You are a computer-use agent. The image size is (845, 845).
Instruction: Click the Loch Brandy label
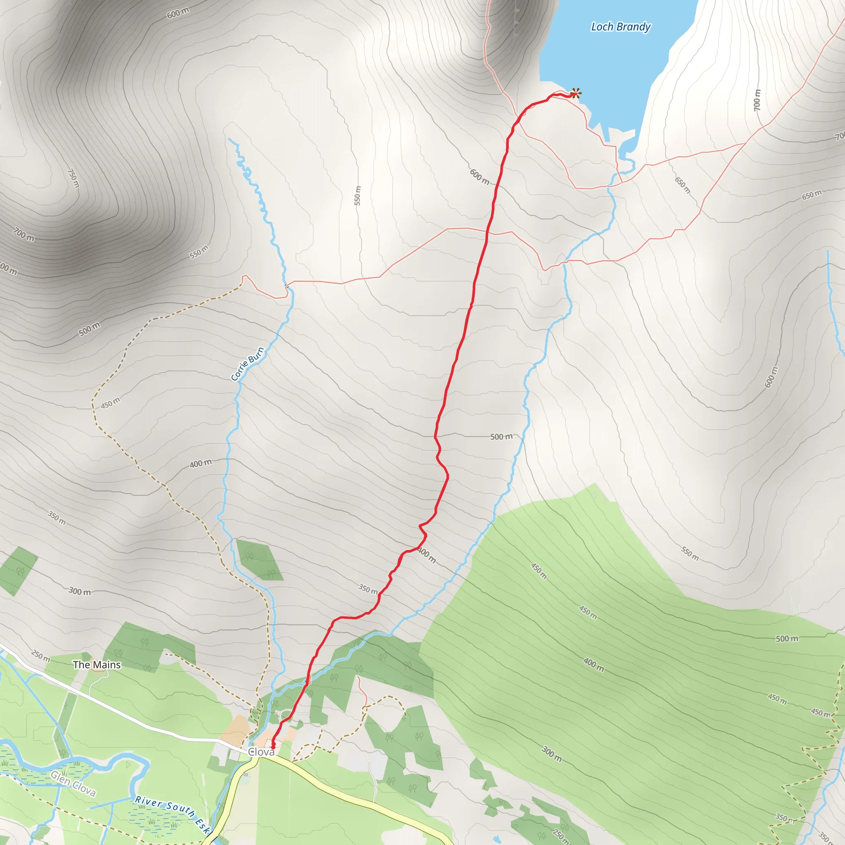[x=621, y=27]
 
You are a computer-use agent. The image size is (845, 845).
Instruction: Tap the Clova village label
[x=261, y=752]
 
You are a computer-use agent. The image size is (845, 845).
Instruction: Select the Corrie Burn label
[x=248, y=364]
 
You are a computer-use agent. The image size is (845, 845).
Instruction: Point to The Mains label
[x=97, y=665]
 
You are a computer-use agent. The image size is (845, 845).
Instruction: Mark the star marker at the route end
[x=576, y=93]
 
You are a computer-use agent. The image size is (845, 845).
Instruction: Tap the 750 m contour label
[x=73, y=178]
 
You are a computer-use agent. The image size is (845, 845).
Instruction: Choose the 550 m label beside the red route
[x=358, y=196]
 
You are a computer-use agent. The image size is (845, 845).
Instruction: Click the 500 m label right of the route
[x=501, y=437]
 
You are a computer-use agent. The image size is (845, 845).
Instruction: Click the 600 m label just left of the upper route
[x=479, y=177]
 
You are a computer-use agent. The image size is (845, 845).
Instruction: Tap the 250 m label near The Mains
[x=41, y=656]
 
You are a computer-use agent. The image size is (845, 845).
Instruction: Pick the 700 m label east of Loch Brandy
[x=757, y=100]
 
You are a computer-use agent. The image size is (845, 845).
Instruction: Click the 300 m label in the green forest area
[x=552, y=753]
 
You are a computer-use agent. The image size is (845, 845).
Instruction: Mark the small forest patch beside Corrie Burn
[x=259, y=559]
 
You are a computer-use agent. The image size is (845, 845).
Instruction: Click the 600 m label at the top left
[x=178, y=14]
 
